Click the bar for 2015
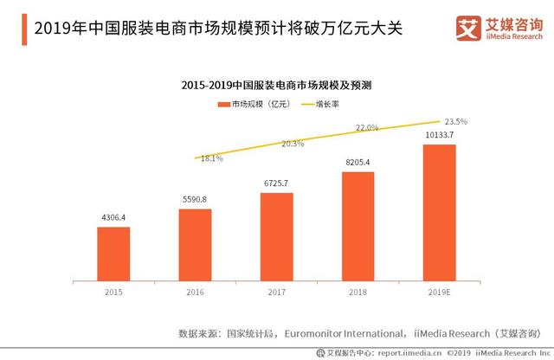(113, 254)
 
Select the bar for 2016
(195, 245)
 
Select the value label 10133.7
(440, 136)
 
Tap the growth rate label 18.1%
(212, 158)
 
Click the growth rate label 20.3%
(293, 144)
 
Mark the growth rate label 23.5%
(455, 122)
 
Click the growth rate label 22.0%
(367, 128)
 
